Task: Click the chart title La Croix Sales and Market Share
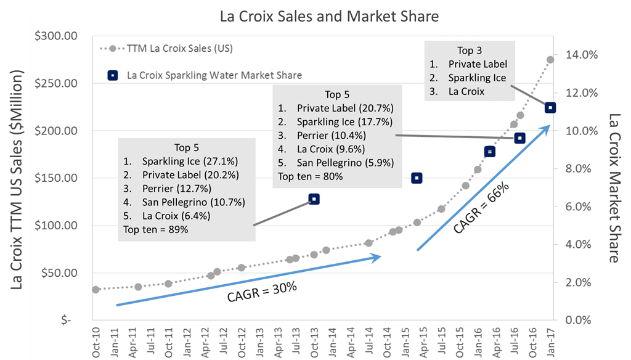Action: click(329, 16)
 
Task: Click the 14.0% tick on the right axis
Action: click(581, 55)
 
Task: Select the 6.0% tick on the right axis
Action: click(579, 207)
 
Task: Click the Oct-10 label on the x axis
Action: click(96, 339)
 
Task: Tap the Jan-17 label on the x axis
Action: click(550, 339)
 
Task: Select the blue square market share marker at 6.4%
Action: click(314, 199)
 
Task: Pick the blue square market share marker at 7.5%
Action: click(417, 178)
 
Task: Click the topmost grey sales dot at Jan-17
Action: click(550, 60)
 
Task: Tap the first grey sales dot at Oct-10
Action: click(96, 289)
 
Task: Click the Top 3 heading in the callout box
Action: click(465, 51)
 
